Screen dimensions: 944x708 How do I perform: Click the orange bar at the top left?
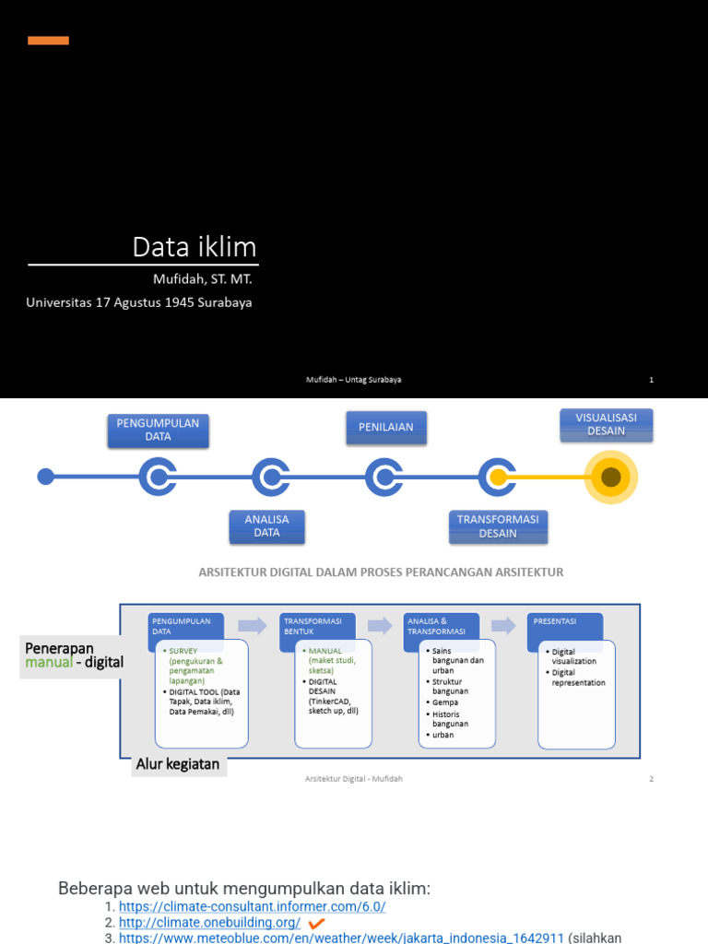click(48, 41)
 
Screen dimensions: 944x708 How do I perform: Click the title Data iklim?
click(195, 247)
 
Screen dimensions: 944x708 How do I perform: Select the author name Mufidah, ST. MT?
click(202, 278)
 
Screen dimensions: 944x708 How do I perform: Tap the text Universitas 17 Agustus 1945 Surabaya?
click(139, 302)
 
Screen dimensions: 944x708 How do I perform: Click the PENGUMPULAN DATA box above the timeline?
click(158, 430)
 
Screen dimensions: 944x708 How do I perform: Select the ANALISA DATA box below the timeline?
click(266, 526)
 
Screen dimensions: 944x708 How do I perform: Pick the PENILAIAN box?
click(386, 427)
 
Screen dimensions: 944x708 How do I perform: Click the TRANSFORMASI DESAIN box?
click(498, 526)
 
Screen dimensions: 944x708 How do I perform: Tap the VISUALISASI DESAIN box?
click(606, 425)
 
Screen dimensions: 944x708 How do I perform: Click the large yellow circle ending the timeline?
click(610, 477)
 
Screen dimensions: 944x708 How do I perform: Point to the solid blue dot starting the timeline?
click(45, 477)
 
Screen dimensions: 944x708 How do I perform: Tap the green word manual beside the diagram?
click(48, 663)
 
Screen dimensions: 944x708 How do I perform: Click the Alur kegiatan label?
click(178, 764)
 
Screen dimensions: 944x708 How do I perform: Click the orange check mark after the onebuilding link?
click(316, 923)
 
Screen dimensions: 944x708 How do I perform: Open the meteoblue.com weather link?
click(341, 938)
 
